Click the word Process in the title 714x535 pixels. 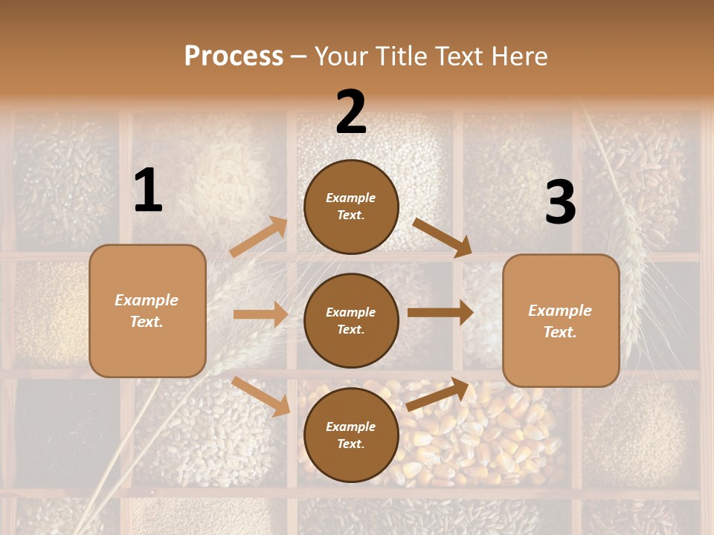[234, 56]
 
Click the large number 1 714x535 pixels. [148, 191]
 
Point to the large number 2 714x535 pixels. [351, 112]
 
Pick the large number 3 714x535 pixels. [560, 203]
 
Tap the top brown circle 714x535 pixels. [351, 207]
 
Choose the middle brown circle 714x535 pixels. [351, 320]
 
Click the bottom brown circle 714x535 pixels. [351, 435]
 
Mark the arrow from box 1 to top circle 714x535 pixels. [259, 237]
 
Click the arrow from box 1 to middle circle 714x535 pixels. [260, 314]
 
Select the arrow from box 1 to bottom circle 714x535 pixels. [261, 396]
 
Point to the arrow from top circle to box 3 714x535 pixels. [442, 238]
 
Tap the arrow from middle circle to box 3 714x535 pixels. [440, 313]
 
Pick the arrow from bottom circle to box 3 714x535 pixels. [438, 395]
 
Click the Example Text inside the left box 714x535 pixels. [147, 311]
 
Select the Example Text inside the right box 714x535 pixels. [560, 321]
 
